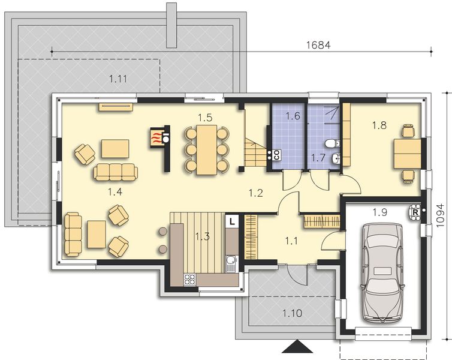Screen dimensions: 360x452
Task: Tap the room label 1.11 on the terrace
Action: tap(119, 78)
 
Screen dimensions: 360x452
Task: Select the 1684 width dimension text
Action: tap(318, 45)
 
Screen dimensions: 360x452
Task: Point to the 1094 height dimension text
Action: tap(441, 212)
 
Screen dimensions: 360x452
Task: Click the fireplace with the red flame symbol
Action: tap(156, 137)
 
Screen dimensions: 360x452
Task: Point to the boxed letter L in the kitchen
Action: tap(231, 221)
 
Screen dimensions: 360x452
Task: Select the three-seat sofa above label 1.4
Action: tap(115, 172)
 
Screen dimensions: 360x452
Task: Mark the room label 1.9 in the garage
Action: tap(379, 211)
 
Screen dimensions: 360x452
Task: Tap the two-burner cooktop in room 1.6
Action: tap(277, 154)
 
